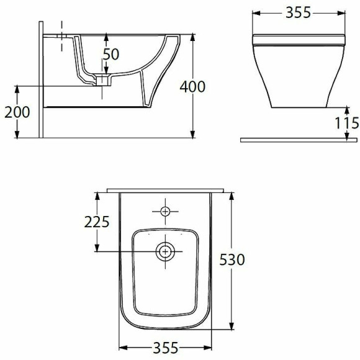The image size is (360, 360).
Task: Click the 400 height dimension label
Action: click(x=192, y=87)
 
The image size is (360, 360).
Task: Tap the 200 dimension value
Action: click(x=17, y=112)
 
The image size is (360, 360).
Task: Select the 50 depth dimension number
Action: click(x=111, y=54)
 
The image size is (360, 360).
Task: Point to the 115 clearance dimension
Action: click(x=347, y=123)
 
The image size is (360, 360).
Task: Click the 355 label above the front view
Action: click(x=298, y=12)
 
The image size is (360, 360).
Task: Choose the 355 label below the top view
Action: click(x=166, y=348)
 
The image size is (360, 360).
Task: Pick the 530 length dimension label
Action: click(x=232, y=259)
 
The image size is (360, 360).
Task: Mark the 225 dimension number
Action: click(x=97, y=222)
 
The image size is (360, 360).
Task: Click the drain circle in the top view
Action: click(x=165, y=251)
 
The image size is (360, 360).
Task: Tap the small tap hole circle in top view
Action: click(x=165, y=211)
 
